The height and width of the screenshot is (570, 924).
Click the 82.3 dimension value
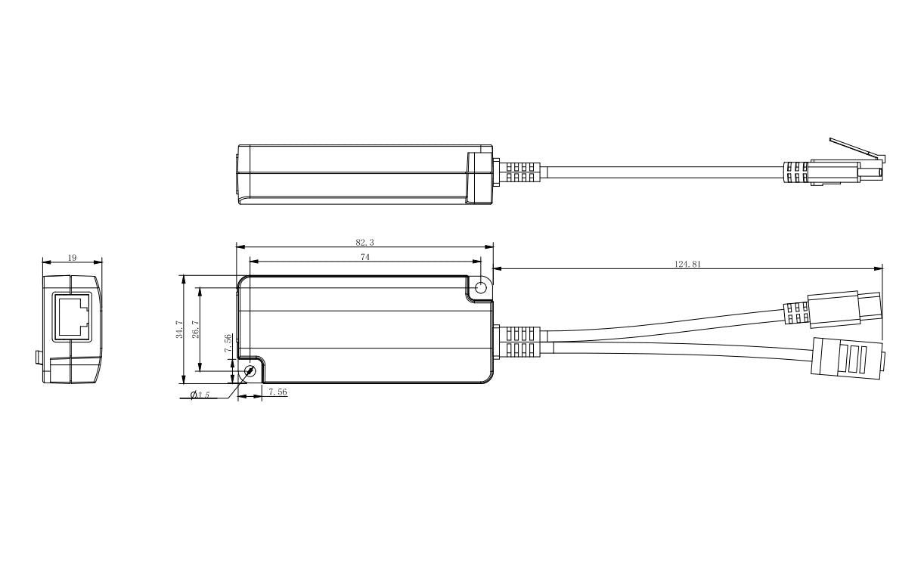pyautogui.click(x=364, y=242)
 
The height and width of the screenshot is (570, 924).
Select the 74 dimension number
pyautogui.click(x=364, y=257)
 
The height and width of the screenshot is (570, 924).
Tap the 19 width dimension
pyautogui.click(x=72, y=258)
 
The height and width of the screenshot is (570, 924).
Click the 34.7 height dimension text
pyautogui.click(x=179, y=329)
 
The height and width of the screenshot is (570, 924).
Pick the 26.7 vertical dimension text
pyautogui.click(x=195, y=329)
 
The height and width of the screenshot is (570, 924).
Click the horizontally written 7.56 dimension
pyautogui.click(x=278, y=392)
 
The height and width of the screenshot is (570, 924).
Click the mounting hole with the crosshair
pyautogui.click(x=251, y=371)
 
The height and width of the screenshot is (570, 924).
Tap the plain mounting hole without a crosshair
pyautogui.click(x=481, y=287)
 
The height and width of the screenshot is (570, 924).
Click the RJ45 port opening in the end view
pyautogui.click(x=71, y=315)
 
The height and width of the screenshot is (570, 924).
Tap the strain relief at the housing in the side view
pyautogui.click(x=519, y=172)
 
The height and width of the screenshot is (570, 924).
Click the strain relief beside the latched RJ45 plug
pyautogui.click(x=796, y=173)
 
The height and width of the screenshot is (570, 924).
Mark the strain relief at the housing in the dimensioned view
pyautogui.click(x=519, y=342)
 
